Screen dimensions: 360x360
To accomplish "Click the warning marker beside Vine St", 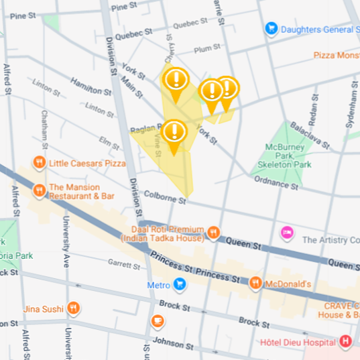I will click(174, 132).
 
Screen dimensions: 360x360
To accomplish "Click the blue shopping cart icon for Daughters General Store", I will click(271, 29).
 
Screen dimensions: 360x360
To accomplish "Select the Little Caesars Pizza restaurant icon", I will click(40, 162).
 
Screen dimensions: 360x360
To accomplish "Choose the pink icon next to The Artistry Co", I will click(287, 233).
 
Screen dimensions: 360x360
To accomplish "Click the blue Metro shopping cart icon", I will click(180, 285).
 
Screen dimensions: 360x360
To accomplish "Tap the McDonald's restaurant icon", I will click(255, 284).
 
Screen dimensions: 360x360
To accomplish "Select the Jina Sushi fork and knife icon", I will click(73, 308).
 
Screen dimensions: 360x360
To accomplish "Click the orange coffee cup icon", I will click(158, 321).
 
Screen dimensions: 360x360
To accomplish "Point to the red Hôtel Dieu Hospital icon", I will click(345, 342).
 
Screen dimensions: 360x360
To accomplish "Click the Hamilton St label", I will click(91, 88).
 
